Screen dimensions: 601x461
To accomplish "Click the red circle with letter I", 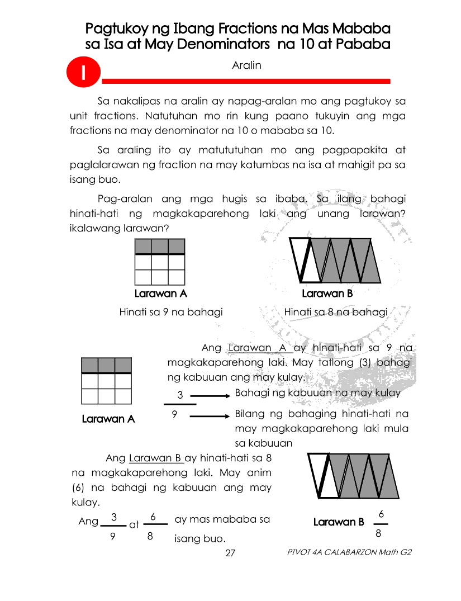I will pos(83,74).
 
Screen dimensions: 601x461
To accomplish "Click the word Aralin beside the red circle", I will pos(246,65).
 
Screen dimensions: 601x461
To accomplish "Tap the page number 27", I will pos(230,553).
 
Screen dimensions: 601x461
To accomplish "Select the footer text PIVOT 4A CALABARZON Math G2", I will pos(349,552).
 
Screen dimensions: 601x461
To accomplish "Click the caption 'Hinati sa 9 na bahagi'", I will pos(171,312).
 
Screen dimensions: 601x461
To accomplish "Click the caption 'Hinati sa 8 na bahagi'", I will pos(335,312).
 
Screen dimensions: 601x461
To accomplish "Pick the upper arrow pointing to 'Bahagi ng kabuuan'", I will pos(210,395).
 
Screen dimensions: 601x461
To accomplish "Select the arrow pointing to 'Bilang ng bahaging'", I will pos(210,416).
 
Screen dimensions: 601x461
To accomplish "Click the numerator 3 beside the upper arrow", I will pos(180,395).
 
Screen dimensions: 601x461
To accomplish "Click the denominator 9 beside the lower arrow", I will pos(175,415).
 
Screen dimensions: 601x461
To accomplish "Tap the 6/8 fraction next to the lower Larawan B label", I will pos(381,523).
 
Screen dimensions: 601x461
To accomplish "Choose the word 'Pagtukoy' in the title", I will pos(118,28).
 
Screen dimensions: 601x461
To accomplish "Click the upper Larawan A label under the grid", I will pos(160,294).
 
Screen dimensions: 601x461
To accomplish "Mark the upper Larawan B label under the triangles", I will pos(327,294).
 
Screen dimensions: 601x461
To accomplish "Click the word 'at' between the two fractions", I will pos(134,525).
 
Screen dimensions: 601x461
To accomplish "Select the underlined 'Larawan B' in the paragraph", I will pos(156,458).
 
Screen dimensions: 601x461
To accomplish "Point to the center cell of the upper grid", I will pos(160,262).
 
